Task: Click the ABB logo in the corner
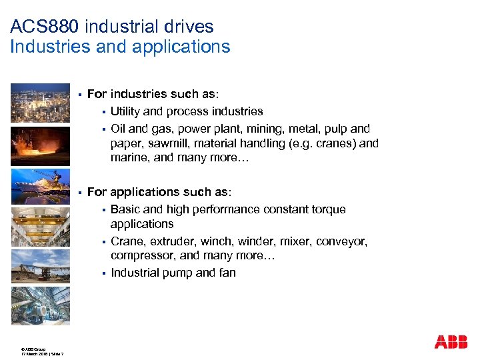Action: (x=451, y=341)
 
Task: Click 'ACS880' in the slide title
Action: (x=41, y=27)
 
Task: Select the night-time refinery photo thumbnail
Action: (x=40, y=103)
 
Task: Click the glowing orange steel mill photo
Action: (x=40, y=145)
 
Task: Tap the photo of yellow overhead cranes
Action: (x=40, y=227)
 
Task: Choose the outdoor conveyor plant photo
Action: (x=40, y=266)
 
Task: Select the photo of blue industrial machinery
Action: (x=40, y=305)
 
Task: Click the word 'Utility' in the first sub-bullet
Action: (x=125, y=111)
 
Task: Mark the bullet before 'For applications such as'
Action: (x=79, y=193)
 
